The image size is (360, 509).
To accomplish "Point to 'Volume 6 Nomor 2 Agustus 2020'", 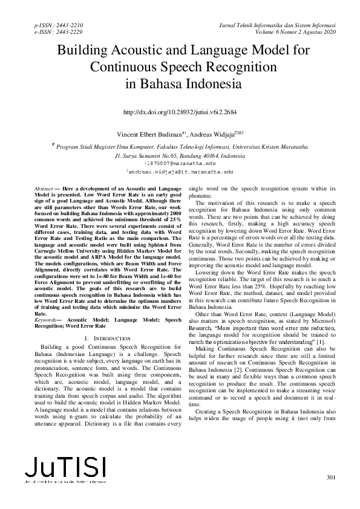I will coord(290,32).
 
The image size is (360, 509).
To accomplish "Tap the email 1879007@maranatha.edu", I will coord(181,163).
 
